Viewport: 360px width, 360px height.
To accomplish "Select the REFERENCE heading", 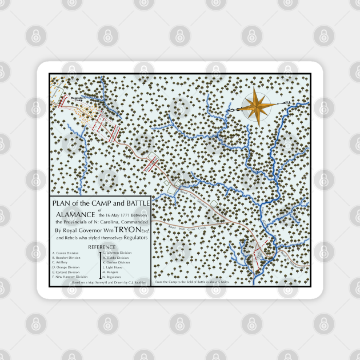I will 101,247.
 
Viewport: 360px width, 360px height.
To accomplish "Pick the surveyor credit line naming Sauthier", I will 105,282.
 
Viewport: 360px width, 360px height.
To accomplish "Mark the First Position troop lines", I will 152,162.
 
